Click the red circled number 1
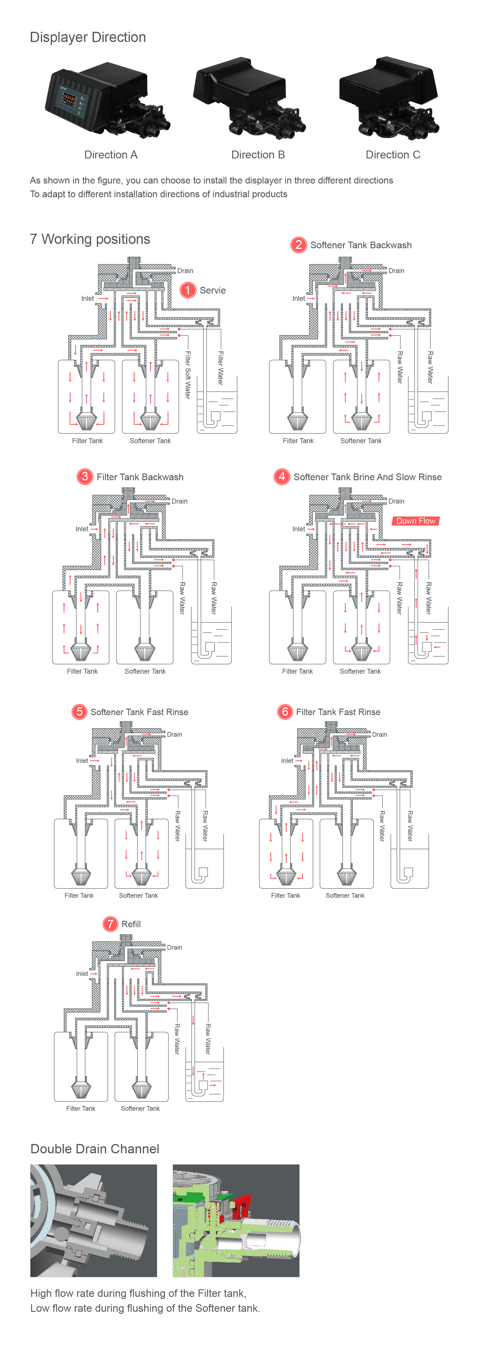pyautogui.click(x=188, y=290)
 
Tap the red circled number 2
pyautogui.click(x=298, y=245)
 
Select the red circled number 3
pyautogui.click(x=85, y=477)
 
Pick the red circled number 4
pyautogui.click(x=282, y=477)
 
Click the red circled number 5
pyautogui.click(x=79, y=712)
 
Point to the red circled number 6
pyautogui.click(x=285, y=712)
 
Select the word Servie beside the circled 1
pyautogui.click(x=213, y=290)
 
